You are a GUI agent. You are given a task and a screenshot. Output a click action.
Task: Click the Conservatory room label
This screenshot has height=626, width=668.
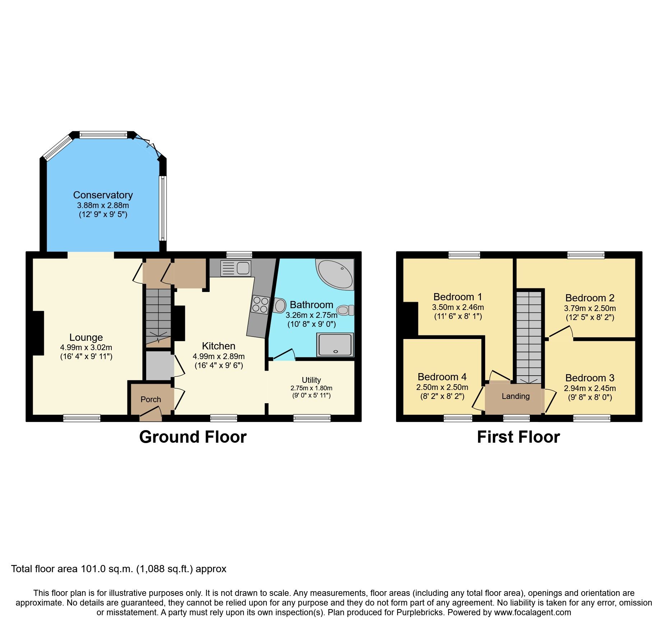(x=103, y=195)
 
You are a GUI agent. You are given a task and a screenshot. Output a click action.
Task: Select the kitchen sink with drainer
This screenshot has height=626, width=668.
(x=236, y=268)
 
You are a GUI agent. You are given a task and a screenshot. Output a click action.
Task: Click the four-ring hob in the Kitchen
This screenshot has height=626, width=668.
(x=260, y=304)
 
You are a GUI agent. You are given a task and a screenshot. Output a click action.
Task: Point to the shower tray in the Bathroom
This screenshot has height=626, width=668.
(x=335, y=345)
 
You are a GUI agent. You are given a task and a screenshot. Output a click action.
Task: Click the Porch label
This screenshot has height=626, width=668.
(x=150, y=399)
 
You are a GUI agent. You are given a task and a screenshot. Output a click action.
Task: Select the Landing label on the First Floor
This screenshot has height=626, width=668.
(x=515, y=396)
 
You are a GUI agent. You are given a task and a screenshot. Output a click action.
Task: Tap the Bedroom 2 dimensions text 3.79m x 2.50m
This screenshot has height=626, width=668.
(x=590, y=308)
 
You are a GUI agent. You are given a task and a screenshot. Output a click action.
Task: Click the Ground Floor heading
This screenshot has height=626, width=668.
(x=193, y=437)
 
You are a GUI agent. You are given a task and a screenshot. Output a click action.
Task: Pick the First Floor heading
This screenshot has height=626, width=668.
(x=518, y=437)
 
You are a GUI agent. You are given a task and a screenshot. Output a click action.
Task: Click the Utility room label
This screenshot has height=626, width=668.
(x=311, y=380)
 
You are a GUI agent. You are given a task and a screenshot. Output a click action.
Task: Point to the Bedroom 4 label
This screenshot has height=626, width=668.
(x=442, y=377)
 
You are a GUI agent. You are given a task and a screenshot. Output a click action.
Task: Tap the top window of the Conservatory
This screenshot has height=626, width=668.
(x=103, y=135)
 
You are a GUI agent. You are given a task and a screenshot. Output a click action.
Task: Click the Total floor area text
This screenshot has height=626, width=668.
(x=119, y=569)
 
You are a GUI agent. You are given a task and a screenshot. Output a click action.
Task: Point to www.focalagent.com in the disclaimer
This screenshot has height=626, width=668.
(x=532, y=612)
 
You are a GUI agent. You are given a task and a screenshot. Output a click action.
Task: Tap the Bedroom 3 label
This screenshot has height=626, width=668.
(x=589, y=378)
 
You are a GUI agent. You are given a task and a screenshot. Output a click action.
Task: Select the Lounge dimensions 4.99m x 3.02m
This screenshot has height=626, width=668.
(x=86, y=347)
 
